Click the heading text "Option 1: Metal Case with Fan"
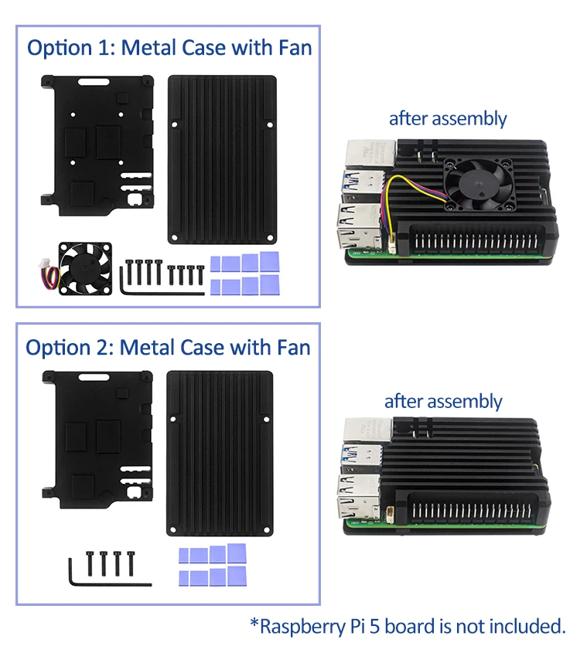point(169,48)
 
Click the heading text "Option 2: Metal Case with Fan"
point(168,347)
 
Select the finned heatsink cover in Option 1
point(222,158)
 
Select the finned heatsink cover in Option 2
point(220,453)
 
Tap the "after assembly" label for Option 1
point(447,119)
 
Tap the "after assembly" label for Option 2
point(443,402)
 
